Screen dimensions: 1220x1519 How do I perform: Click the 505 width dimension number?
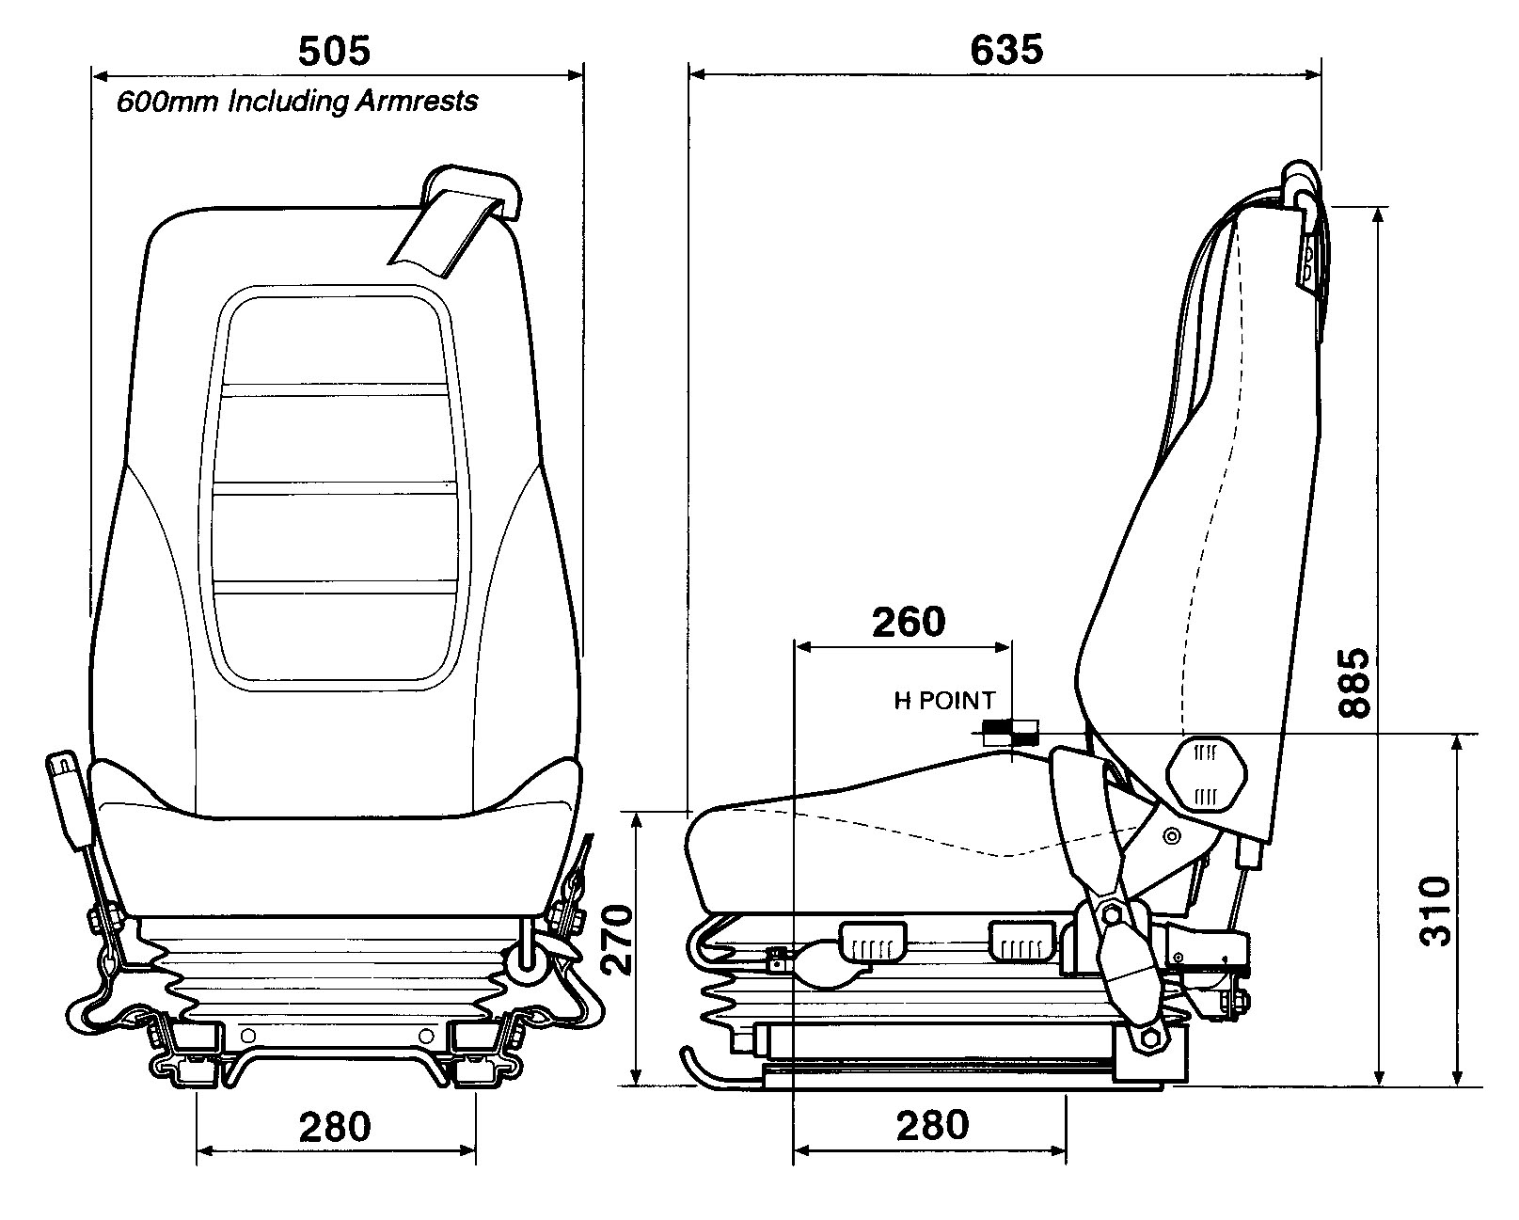click(335, 51)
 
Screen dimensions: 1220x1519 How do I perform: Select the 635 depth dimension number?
click(1006, 50)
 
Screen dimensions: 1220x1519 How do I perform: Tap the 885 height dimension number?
click(1354, 682)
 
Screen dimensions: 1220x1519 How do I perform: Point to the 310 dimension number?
click(1434, 911)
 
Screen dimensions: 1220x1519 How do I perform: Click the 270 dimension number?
click(616, 941)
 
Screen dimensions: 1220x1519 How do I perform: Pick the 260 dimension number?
click(908, 622)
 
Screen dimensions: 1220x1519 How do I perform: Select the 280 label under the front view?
click(335, 1126)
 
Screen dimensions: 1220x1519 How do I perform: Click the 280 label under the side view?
click(931, 1125)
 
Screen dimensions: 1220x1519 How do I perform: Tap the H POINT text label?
click(943, 701)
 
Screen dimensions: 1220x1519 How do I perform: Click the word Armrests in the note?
click(416, 101)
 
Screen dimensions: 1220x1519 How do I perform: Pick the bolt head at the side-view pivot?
click(1112, 913)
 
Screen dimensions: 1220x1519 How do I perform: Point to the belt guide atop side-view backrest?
click(1302, 188)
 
